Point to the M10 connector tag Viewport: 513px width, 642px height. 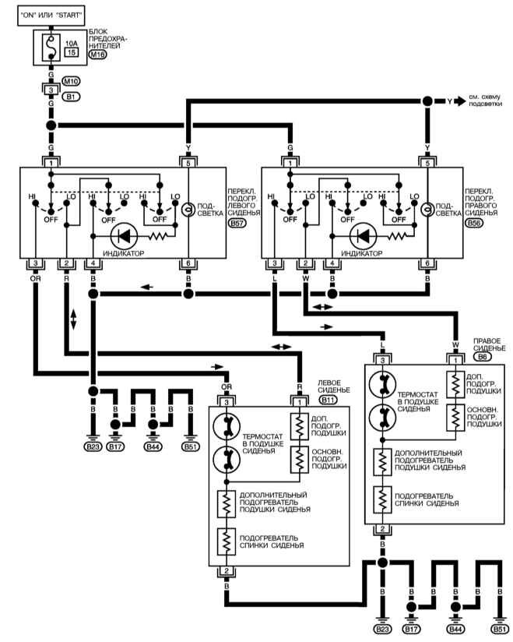tap(71, 80)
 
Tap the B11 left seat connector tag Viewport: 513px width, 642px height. tap(328, 400)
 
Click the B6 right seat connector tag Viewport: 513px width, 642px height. tap(480, 356)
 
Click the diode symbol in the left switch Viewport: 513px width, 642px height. tap(124, 235)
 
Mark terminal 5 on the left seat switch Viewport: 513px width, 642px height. tap(187, 164)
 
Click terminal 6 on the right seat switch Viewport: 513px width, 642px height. tap(427, 263)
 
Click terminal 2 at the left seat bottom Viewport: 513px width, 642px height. tap(227, 571)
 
